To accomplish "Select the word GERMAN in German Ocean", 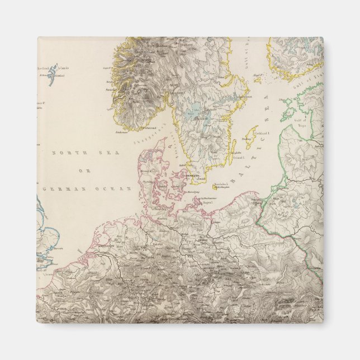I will click(56, 190).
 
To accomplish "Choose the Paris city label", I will click(56, 307).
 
